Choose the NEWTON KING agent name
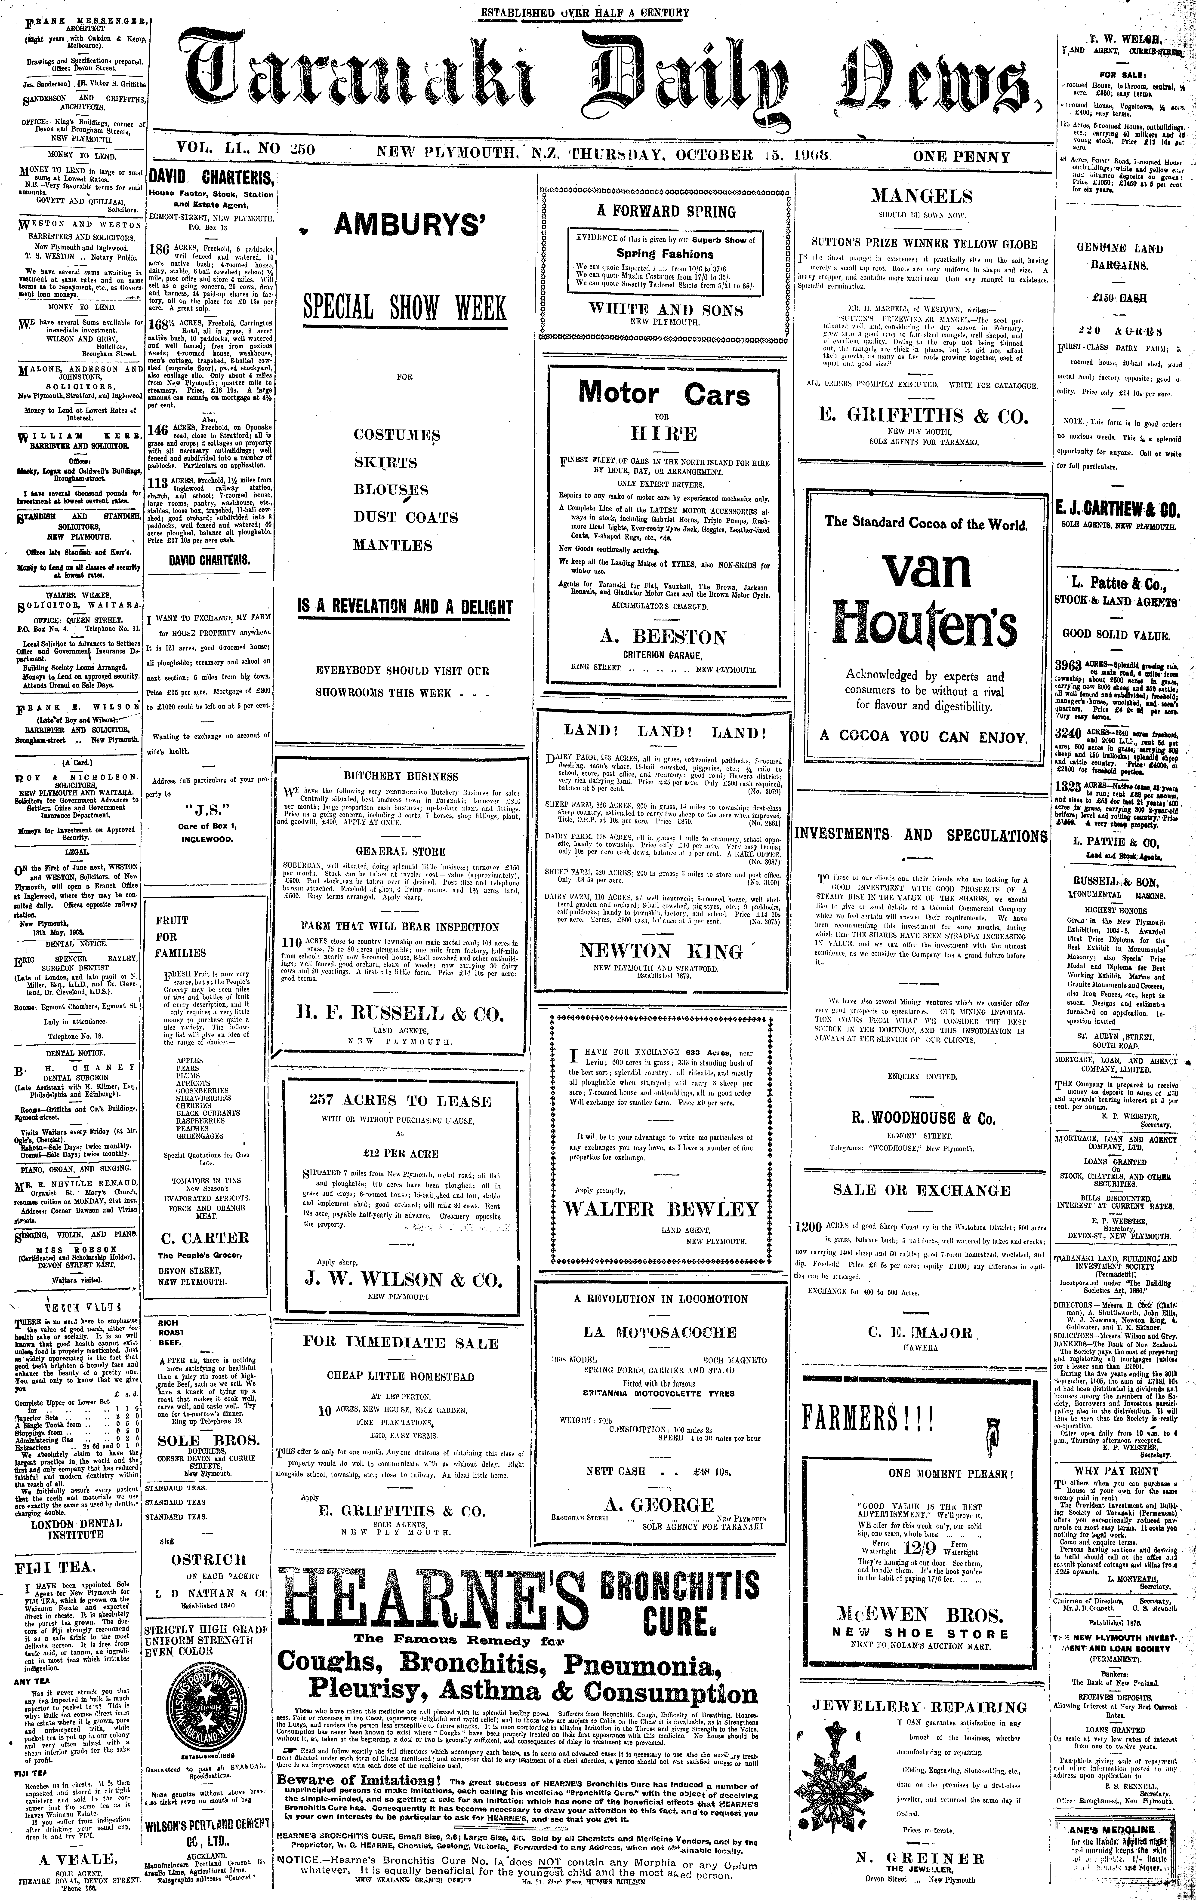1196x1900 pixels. click(x=662, y=951)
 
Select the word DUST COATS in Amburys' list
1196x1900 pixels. click(x=405, y=518)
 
